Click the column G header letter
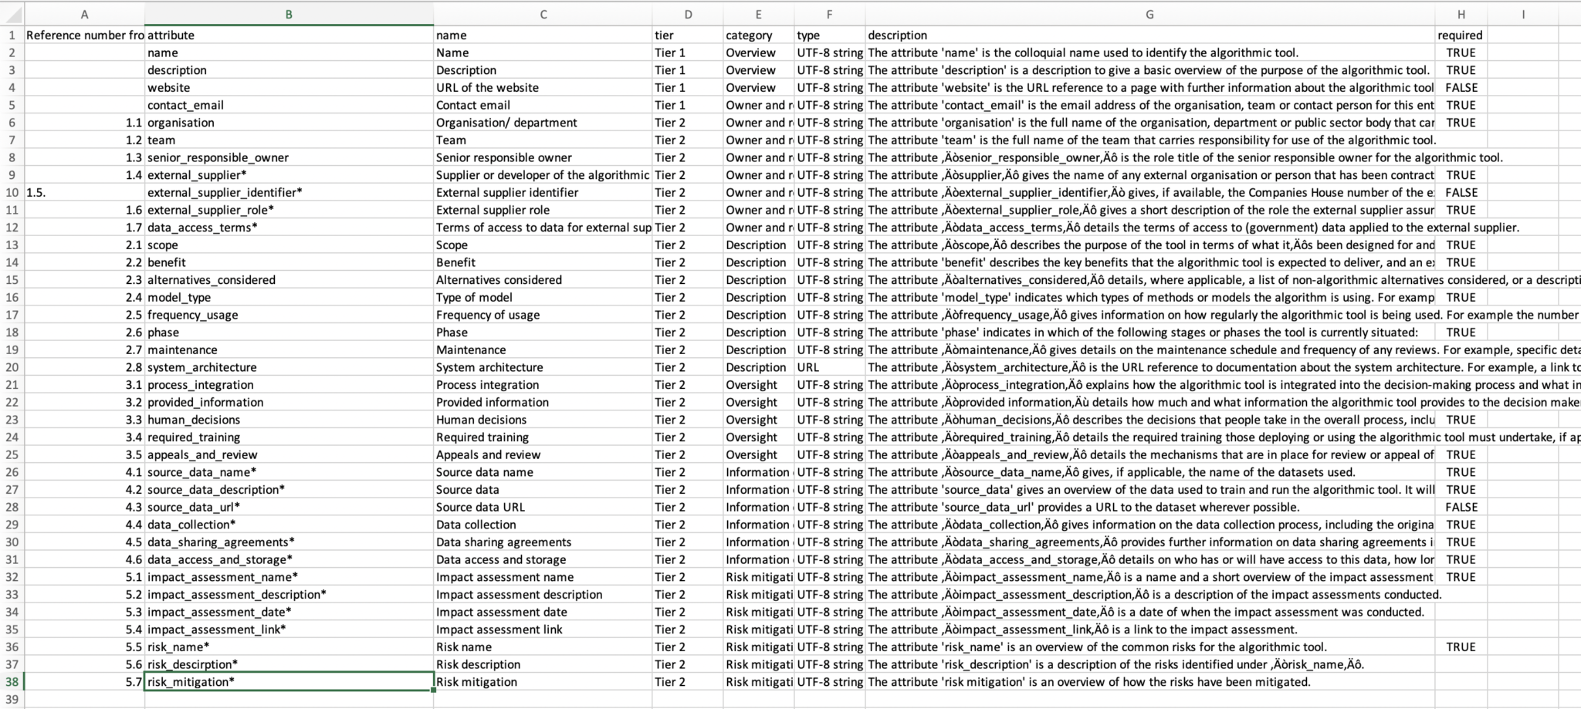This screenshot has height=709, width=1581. pos(1149,15)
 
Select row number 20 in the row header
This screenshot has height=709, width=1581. pos(12,367)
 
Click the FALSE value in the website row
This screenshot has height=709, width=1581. pos(1461,87)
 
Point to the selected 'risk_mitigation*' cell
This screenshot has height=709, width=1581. pos(288,682)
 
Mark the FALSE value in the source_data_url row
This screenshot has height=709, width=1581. pos(1461,507)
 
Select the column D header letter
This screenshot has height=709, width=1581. pos(688,15)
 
